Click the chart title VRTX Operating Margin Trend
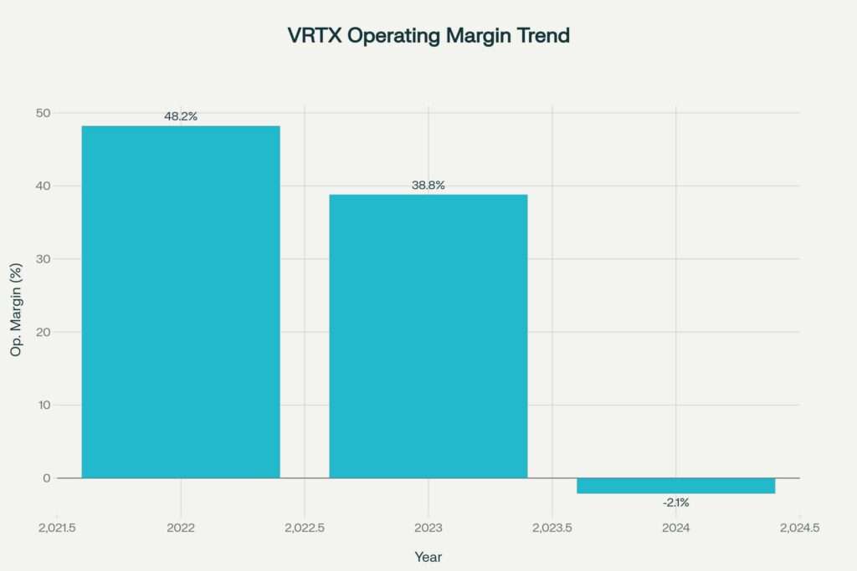[x=428, y=36]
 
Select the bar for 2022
[x=181, y=301]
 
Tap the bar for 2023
[x=428, y=335]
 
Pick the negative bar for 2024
[x=675, y=486]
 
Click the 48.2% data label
[x=181, y=116]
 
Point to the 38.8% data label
[x=428, y=185]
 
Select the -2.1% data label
[x=675, y=502]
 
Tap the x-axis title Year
[x=428, y=557]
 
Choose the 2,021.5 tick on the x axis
[x=57, y=528]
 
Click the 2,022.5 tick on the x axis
[x=305, y=528]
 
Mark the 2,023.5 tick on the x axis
[x=552, y=528]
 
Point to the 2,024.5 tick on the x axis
[x=799, y=528]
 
